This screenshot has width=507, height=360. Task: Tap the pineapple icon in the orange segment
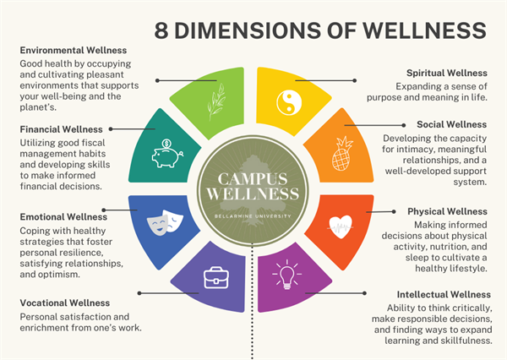[x=343, y=153]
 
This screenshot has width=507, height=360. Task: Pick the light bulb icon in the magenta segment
[x=286, y=275]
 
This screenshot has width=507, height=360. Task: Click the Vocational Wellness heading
[x=65, y=303]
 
